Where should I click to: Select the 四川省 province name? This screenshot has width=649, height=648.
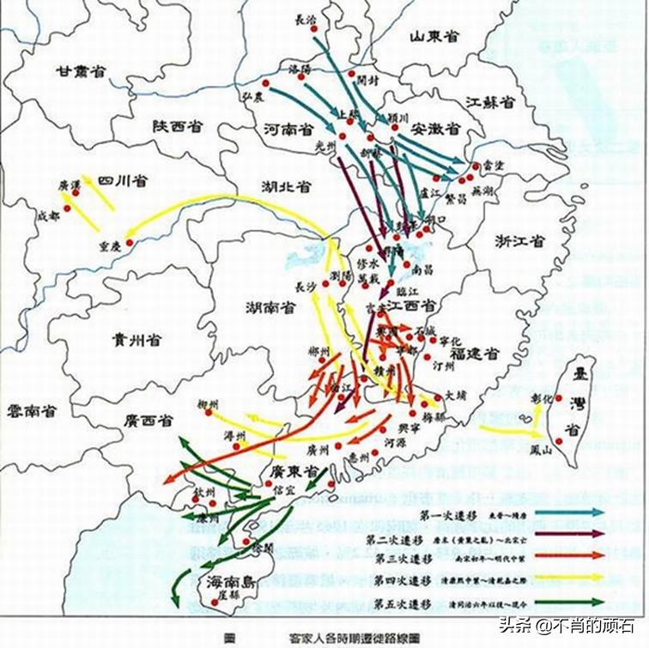click(x=121, y=181)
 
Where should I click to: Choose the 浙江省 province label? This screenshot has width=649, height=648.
click(x=519, y=241)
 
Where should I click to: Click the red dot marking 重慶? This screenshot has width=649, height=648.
click(x=130, y=243)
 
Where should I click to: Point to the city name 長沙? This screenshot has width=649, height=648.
click(x=306, y=288)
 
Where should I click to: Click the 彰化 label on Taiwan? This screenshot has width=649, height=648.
click(x=539, y=399)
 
